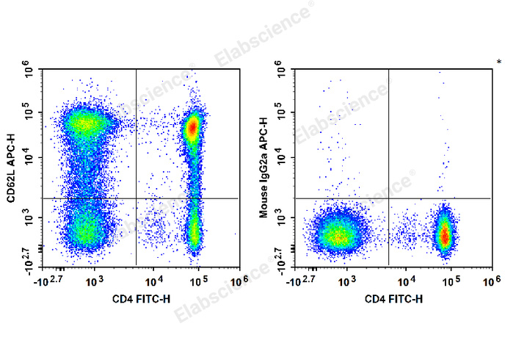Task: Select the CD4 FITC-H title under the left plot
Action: coord(142,299)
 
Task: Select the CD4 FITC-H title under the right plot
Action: coord(393,299)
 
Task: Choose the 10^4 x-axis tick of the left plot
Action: coord(153,281)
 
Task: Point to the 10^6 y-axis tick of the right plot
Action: coord(282,71)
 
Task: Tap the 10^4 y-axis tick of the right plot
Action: coord(282,157)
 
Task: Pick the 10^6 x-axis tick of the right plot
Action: coord(490,281)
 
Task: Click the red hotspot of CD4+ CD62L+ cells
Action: coord(192,128)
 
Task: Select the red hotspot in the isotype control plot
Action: coord(445,235)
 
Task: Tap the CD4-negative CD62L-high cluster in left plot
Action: coord(85,123)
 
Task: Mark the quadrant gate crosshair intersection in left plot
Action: coord(137,198)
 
